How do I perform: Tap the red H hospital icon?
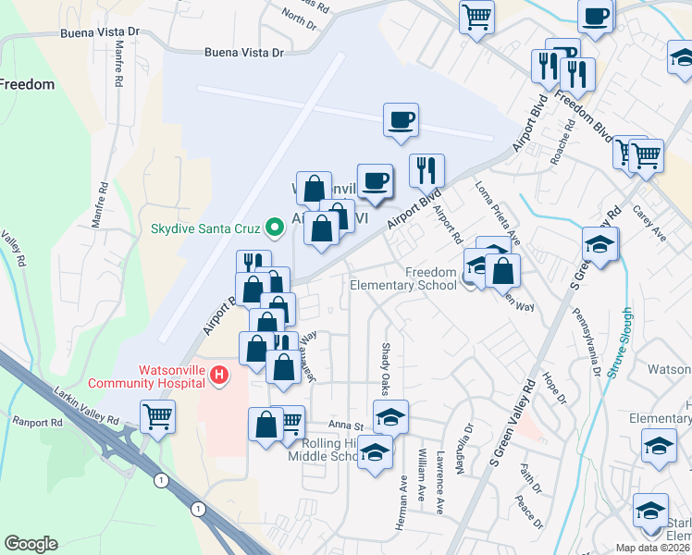tap(218, 375)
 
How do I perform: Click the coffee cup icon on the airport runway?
tap(401, 120)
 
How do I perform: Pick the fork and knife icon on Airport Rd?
tap(426, 171)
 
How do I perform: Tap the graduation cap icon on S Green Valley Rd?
tap(600, 245)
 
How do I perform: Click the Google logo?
tap(31, 544)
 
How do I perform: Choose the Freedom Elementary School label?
tap(403, 278)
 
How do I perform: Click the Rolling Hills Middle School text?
tap(328, 449)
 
